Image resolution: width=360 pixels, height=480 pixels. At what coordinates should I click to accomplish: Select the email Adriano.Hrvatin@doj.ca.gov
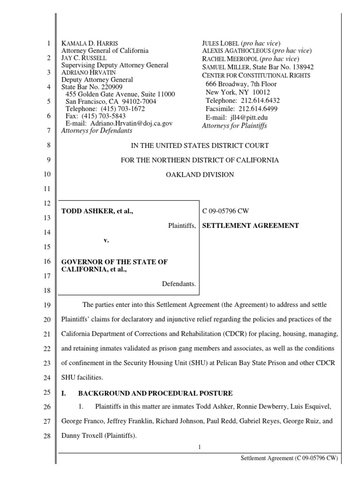click(132, 123)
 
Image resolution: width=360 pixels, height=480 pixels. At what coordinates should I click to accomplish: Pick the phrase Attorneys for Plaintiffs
click(234, 126)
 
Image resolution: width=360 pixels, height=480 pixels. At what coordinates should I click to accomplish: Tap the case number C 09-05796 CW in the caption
click(225, 211)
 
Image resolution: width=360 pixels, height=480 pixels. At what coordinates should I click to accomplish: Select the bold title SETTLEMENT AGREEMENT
click(250, 225)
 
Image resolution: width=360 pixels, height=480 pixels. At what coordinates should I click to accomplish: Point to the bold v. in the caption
click(106, 240)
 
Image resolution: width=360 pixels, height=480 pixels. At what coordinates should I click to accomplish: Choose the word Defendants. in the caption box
click(179, 284)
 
